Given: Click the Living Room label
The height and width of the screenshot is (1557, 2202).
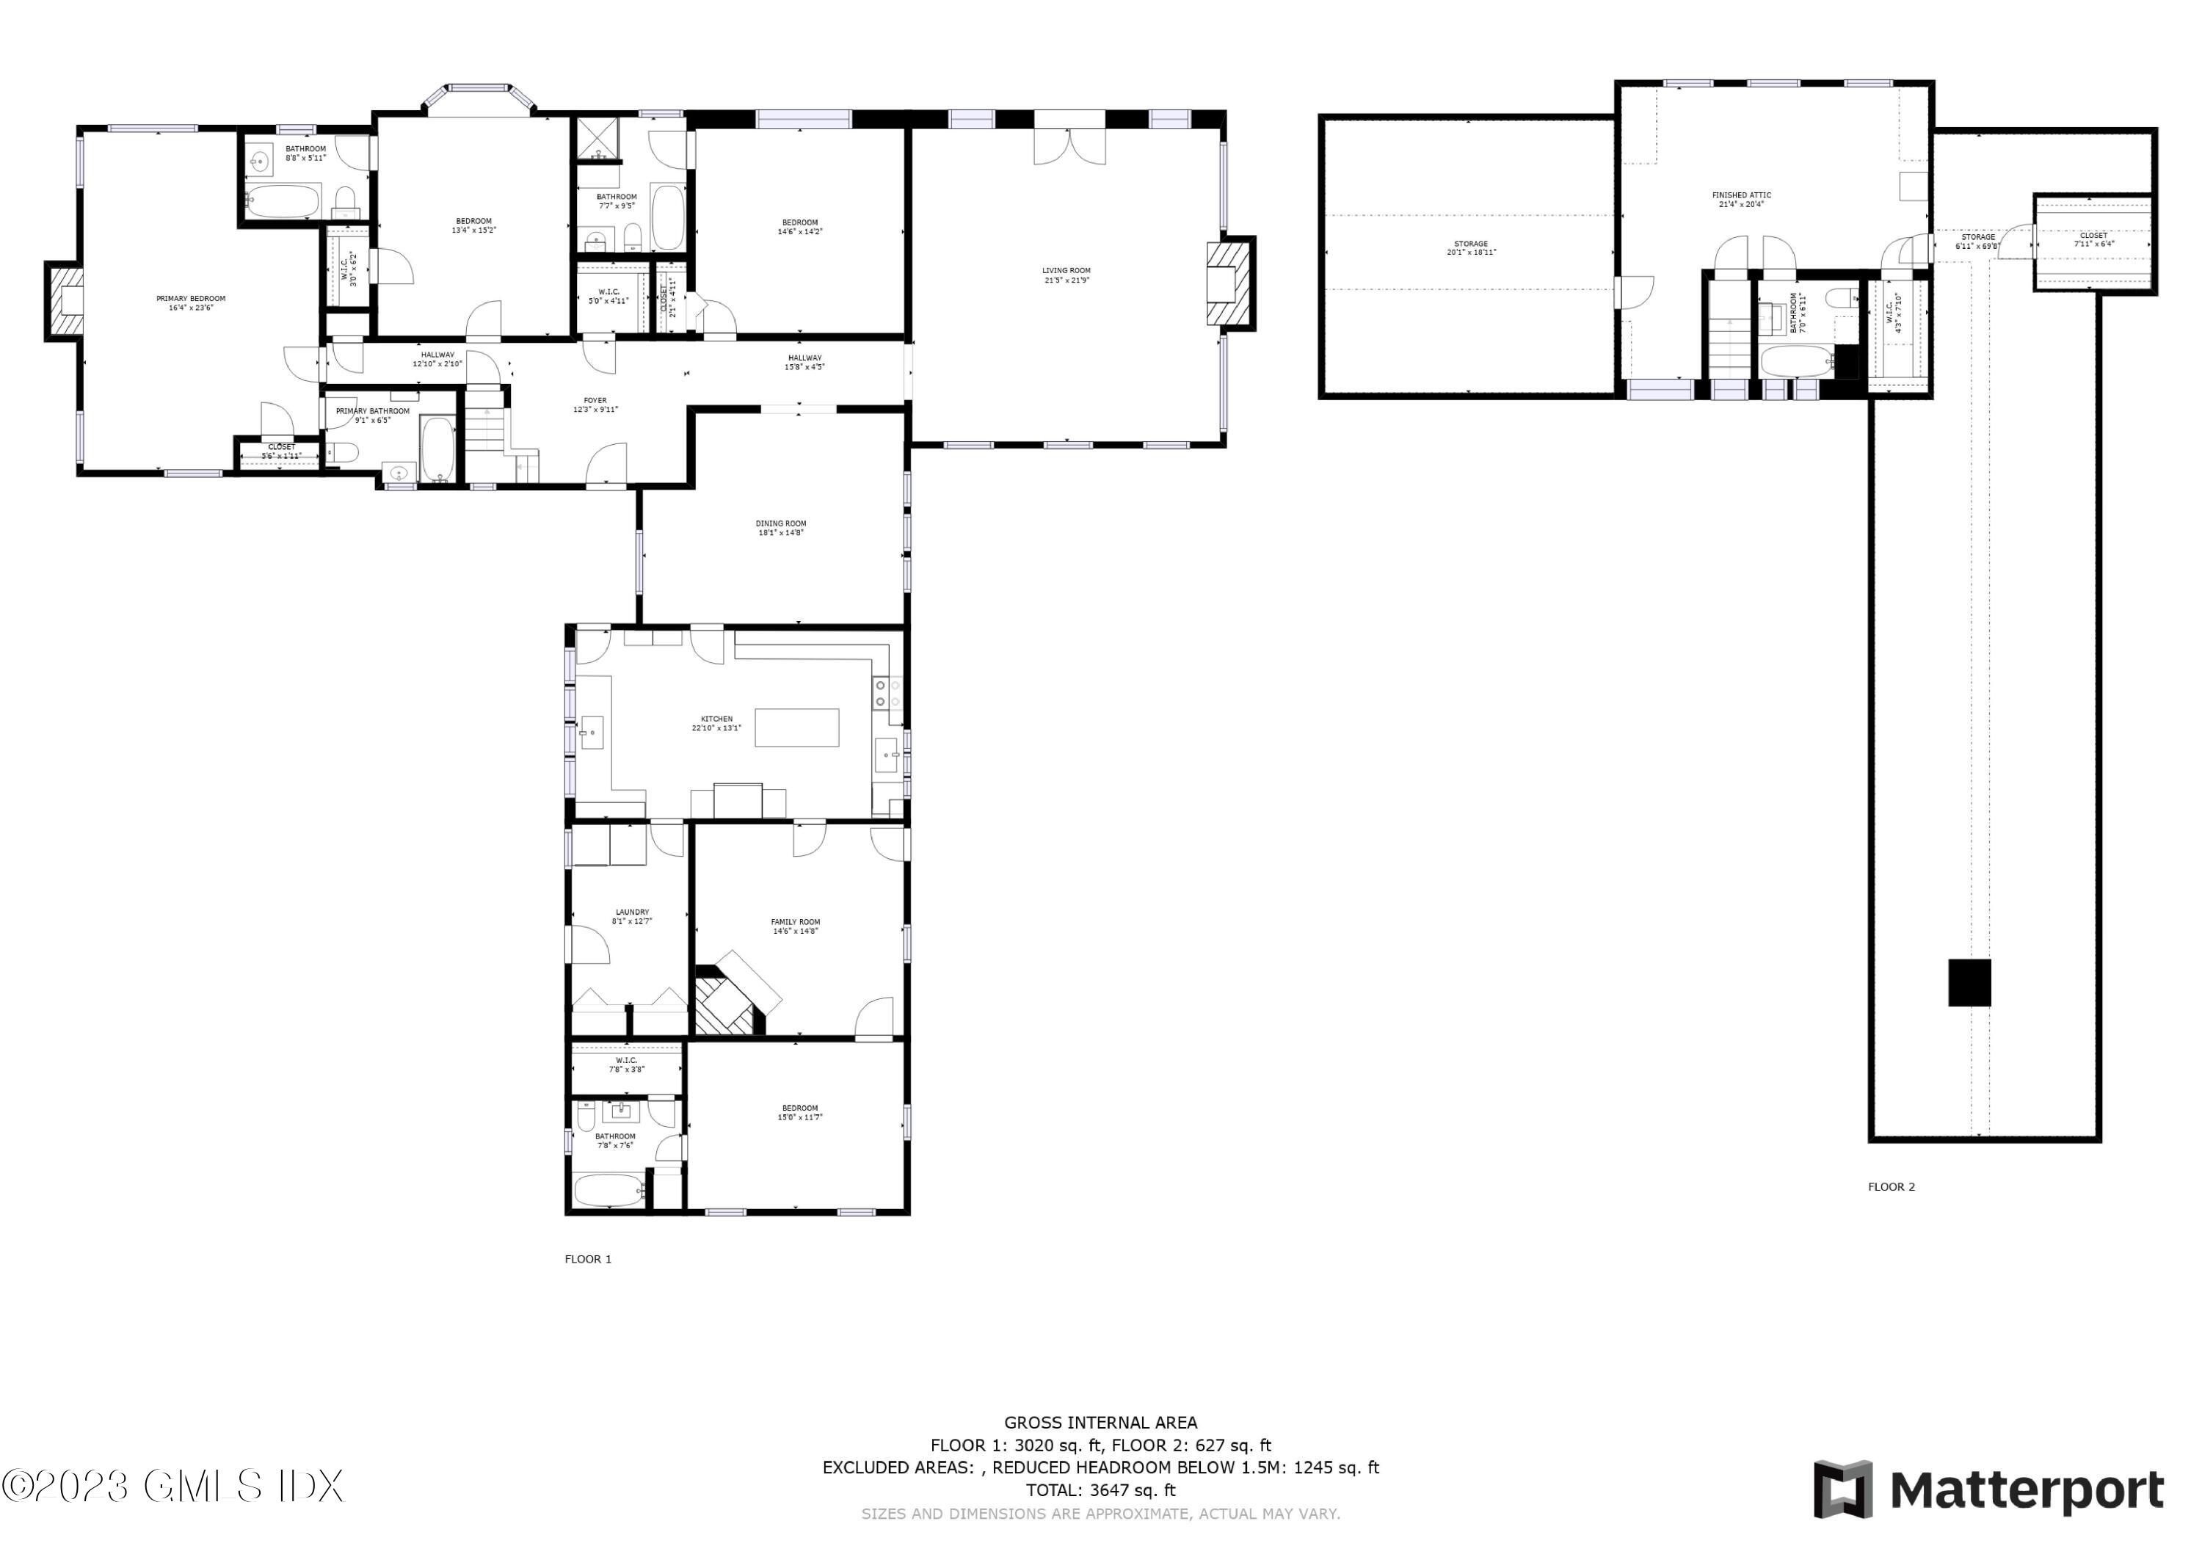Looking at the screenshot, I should tap(1066, 275).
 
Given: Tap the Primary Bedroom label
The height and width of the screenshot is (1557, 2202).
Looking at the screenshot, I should tap(191, 303).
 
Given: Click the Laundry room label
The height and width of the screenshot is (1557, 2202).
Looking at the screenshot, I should tap(632, 916).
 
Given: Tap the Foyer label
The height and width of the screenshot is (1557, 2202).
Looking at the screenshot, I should tap(595, 404).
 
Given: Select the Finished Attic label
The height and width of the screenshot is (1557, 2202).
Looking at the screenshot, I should tap(1741, 199).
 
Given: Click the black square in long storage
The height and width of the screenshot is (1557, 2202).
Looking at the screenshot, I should tap(1969, 982).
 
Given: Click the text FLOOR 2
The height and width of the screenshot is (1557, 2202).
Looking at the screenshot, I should tap(1890, 1187).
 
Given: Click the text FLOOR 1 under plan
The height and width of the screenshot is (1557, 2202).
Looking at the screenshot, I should tap(587, 1259).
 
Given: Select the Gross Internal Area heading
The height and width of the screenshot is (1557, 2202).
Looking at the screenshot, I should tap(1100, 1423).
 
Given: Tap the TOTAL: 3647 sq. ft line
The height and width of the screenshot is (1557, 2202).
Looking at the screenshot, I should tap(1100, 1490).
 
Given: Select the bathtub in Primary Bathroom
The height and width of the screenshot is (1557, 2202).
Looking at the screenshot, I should tap(438, 449).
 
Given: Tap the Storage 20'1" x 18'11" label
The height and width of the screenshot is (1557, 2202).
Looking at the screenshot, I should tap(1470, 247).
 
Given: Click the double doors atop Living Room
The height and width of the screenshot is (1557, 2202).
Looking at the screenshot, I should tap(1069, 144).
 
